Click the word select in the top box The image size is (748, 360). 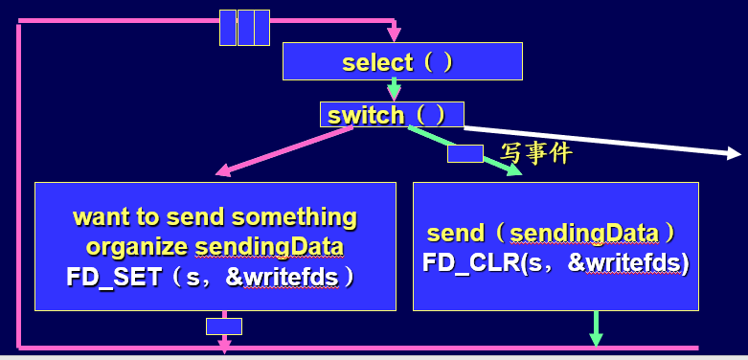(377, 62)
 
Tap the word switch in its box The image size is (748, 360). (365, 116)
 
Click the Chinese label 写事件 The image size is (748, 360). (536, 151)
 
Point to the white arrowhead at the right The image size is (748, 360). (734, 152)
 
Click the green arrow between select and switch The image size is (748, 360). (394, 89)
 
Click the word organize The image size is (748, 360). (137, 247)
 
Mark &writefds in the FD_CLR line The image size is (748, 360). (627, 262)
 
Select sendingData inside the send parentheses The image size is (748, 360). (583, 233)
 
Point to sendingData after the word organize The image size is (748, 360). (269, 247)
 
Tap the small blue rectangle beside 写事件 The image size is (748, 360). (465, 153)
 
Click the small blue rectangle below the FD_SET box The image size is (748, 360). (223, 326)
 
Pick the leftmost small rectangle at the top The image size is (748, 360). (228, 28)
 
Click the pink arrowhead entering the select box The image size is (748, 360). (394, 35)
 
